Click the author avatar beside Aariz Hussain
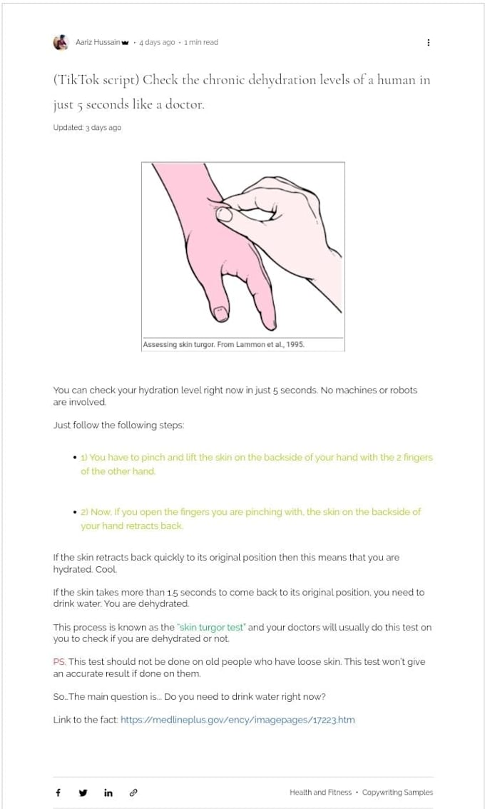point(61,42)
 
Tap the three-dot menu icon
point(429,42)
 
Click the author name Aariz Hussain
point(98,42)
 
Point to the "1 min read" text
point(201,42)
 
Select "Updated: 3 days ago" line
point(87,127)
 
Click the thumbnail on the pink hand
point(220,312)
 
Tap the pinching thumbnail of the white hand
point(224,213)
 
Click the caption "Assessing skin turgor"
point(178,344)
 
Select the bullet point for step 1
point(76,458)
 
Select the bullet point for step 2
point(76,513)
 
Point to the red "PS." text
point(59,661)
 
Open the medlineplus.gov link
point(238,720)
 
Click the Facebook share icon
point(58,793)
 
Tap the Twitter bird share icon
point(83,793)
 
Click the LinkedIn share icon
point(108,793)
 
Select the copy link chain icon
point(133,793)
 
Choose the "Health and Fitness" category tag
point(320,792)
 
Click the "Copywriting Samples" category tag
point(397,792)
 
